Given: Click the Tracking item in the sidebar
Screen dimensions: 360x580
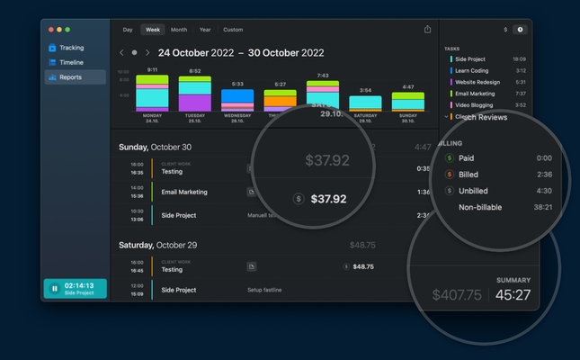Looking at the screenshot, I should click(71, 48).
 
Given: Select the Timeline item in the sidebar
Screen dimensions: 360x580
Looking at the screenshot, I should click(71, 62).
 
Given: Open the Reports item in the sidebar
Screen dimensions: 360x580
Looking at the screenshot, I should click(71, 77).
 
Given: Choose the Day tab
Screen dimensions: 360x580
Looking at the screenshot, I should click(128, 30).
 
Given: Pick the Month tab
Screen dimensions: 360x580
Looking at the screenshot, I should click(179, 30).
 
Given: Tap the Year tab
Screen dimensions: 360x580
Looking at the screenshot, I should click(206, 30).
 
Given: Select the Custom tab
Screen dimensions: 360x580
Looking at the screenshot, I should click(233, 30).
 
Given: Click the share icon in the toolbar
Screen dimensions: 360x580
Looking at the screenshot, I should click(427, 30).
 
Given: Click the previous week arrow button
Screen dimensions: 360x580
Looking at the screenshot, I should click(122, 53).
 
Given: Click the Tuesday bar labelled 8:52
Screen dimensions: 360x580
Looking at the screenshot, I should click(195, 94).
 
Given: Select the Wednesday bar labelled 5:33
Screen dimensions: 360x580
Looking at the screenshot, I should click(237, 99).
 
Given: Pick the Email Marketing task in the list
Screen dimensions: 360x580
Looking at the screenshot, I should click(475, 93).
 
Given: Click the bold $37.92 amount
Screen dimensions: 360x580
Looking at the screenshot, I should click(328, 199).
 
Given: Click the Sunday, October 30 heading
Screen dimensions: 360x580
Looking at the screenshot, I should click(156, 147).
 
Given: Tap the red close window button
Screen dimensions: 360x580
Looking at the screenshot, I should click(51, 30).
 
